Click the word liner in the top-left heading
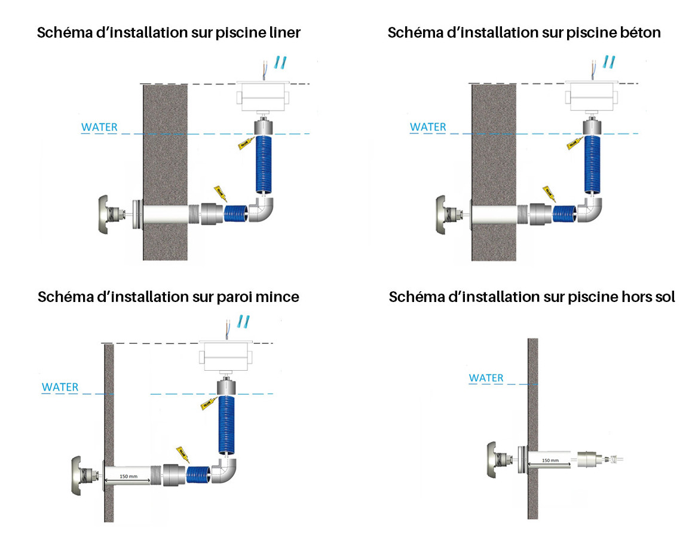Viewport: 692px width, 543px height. click(x=282, y=32)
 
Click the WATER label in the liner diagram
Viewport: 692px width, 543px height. click(x=99, y=127)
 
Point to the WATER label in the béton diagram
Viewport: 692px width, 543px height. click(x=428, y=127)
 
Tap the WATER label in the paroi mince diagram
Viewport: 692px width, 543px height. click(x=60, y=387)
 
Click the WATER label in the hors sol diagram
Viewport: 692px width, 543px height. click(x=486, y=378)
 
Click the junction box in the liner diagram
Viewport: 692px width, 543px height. click(x=264, y=96)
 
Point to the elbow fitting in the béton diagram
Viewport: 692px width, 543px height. click(x=590, y=211)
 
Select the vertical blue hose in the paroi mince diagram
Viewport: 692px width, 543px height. click(x=227, y=426)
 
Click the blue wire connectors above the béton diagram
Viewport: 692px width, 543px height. click(x=608, y=61)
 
